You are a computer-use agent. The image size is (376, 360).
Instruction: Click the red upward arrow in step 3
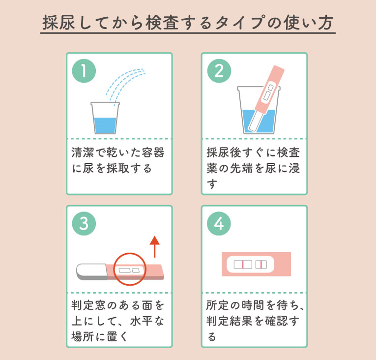pos(155,246)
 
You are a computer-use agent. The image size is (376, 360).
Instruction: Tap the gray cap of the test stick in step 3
pos(90,271)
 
